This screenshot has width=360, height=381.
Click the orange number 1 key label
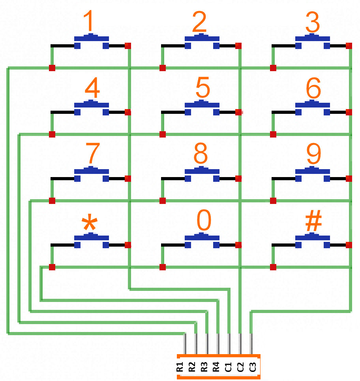pos(88,21)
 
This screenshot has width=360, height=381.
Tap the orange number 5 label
pos(202,87)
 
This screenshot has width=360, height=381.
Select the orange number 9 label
pos(314,154)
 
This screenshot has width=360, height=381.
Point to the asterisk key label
pos(90,222)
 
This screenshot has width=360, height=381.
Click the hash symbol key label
pos(314,220)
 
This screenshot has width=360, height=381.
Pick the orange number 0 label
pos(204,220)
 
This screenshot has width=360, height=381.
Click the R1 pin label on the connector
pos(180,367)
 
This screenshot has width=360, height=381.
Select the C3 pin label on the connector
pos(253,367)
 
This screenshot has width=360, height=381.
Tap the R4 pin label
pos(216,367)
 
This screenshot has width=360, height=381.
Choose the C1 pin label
pos(228,367)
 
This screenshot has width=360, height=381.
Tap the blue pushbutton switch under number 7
pos(92,174)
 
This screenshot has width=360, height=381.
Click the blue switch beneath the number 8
pos(202,174)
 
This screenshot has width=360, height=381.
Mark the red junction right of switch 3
pos(349,46)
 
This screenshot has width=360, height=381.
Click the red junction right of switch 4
pos(128,112)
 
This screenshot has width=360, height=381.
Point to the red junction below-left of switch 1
pos(52,68)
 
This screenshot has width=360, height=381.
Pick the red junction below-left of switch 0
pos(163,267)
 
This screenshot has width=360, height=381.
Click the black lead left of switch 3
pos(283,46)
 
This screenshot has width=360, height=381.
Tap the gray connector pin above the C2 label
pos(240,344)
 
